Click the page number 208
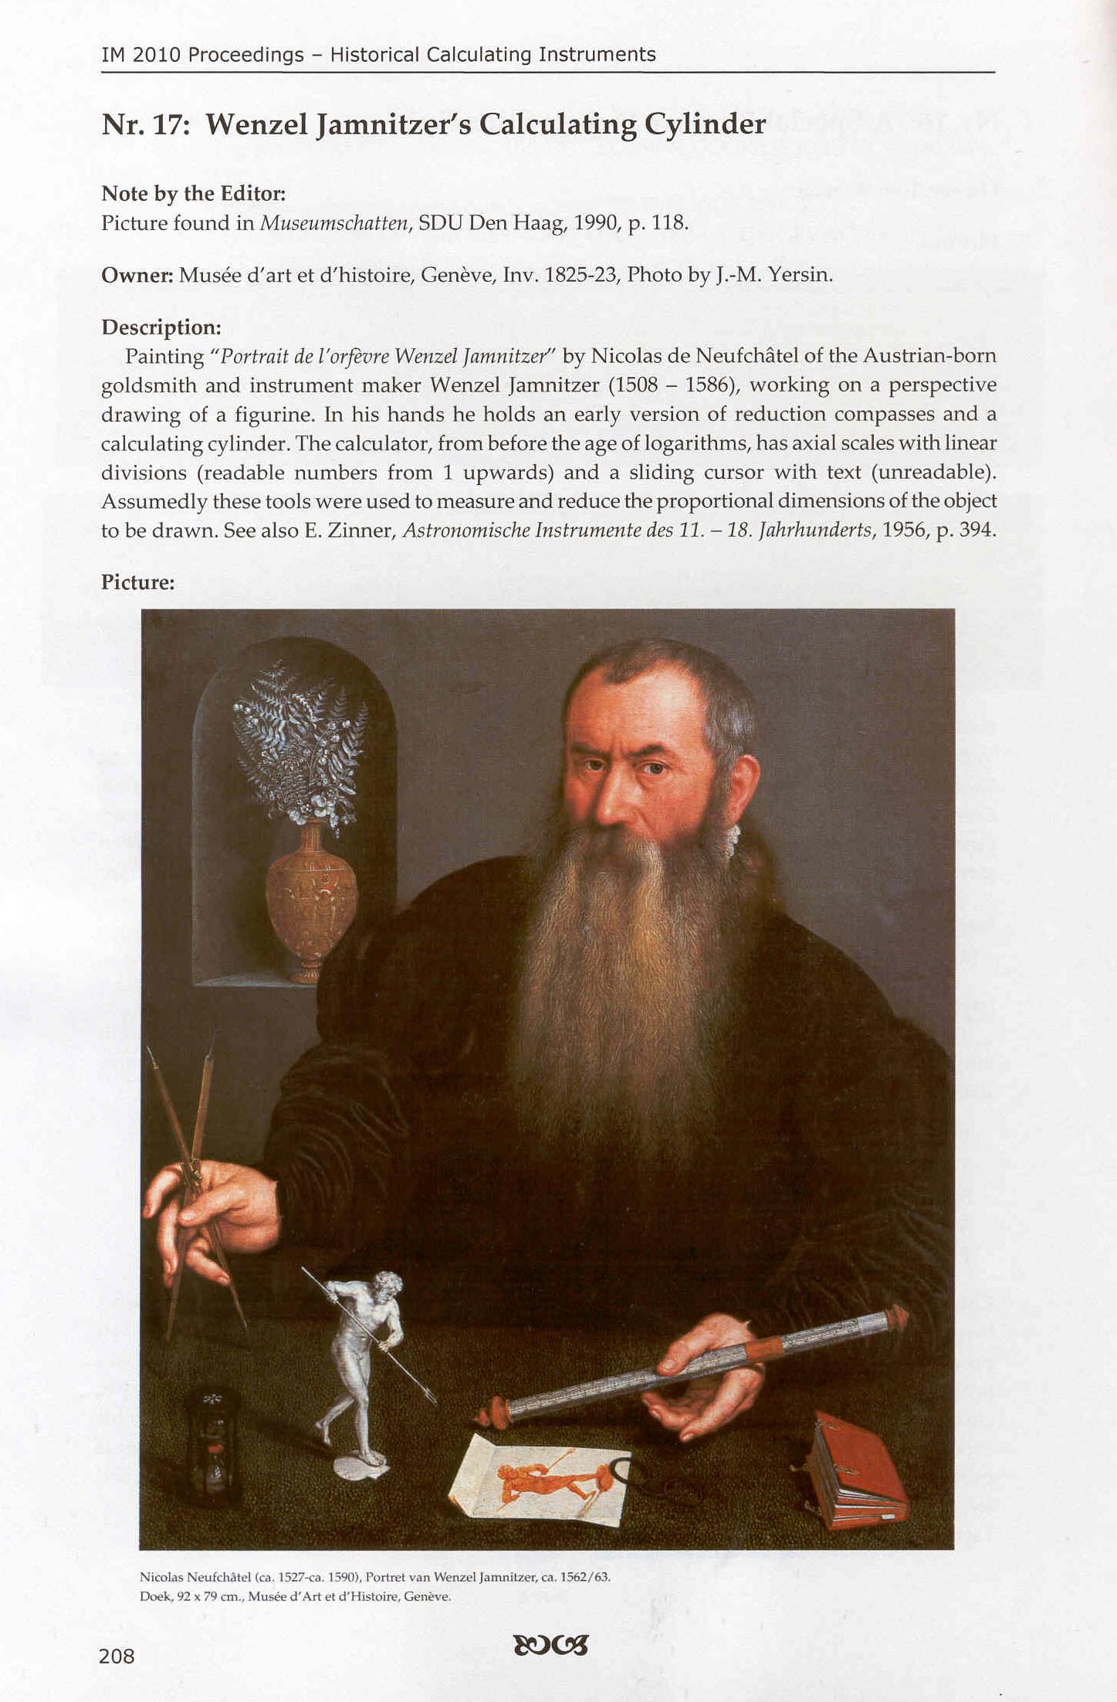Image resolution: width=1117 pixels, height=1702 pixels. pyautogui.click(x=117, y=1656)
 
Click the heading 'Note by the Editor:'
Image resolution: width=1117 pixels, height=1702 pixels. pyautogui.click(x=194, y=193)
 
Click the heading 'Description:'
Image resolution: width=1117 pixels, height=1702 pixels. pyautogui.click(x=161, y=327)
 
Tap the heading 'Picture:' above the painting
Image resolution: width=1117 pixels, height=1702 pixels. pyautogui.click(x=138, y=582)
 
